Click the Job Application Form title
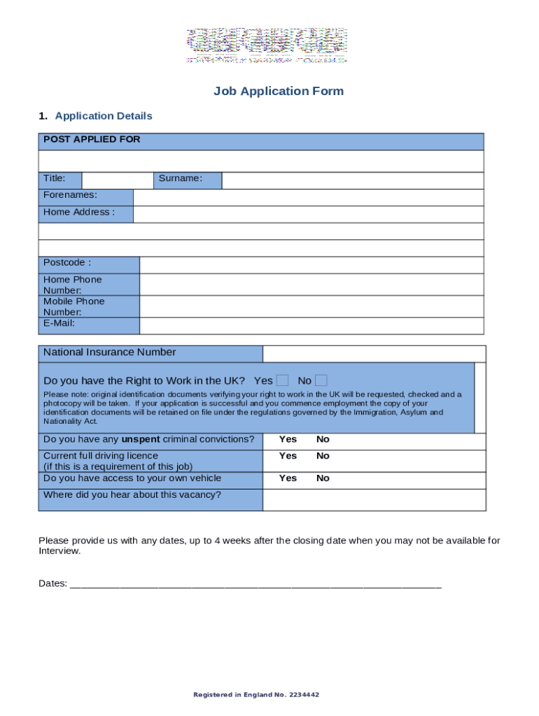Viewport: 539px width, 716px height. click(278, 91)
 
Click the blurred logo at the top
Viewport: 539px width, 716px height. click(266, 45)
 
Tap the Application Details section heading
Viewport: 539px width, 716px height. click(103, 116)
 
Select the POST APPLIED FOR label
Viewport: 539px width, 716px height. click(92, 140)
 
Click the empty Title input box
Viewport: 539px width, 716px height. click(117, 180)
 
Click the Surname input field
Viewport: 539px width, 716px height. click(352, 180)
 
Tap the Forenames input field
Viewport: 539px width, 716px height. click(308, 197)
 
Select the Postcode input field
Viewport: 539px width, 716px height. click(311, 264)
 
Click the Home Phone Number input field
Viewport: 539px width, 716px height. click(311, 284)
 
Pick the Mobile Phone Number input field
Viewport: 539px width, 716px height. click(311, 306)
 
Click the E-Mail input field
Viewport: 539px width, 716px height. click(311, 326)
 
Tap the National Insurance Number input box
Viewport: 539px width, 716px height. click(374, 354)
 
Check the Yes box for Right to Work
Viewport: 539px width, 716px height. click(282, 381)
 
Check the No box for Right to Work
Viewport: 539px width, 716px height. click(321, 381)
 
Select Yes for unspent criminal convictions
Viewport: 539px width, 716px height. click(288, 440)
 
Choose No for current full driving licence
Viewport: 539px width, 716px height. click(323, 456)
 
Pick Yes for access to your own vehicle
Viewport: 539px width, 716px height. click(288, 478)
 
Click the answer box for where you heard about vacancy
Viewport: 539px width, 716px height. click(374, 500)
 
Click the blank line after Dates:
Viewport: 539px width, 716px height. click(255, 584)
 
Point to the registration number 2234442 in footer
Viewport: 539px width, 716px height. click(304, 695)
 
